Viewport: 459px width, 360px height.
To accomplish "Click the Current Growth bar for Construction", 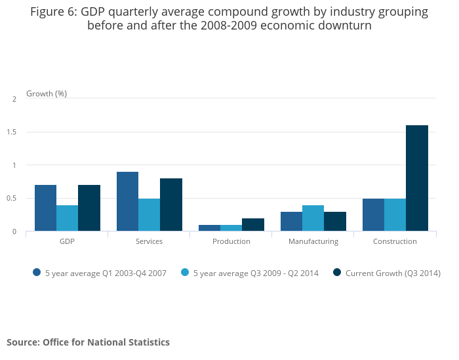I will [417, 178].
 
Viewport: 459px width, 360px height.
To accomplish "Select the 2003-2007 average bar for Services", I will [127, 201].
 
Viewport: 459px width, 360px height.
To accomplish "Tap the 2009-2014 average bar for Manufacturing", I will [313, 218].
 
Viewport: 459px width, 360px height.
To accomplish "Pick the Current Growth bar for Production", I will [253, 225].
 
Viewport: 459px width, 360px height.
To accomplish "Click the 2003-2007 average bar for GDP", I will [45, 208].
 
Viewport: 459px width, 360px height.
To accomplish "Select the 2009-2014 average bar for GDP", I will [67, 218].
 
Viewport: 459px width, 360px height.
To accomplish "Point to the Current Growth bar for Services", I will [171, 205].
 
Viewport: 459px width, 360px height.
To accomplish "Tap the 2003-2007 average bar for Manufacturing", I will [291, 222].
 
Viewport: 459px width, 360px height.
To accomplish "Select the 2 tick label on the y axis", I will [14, 99].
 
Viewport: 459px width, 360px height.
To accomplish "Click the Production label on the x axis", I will [231, 241].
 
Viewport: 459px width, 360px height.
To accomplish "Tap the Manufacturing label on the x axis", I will [313, 241].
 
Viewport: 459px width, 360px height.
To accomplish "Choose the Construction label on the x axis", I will [395, 241].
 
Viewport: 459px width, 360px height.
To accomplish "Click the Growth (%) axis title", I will [47, 94].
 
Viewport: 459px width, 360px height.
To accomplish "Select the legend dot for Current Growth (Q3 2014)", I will [337, 273].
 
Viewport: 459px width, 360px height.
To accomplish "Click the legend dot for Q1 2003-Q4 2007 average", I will [37, 273].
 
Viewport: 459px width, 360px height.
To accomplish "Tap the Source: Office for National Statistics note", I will [88, 342].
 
